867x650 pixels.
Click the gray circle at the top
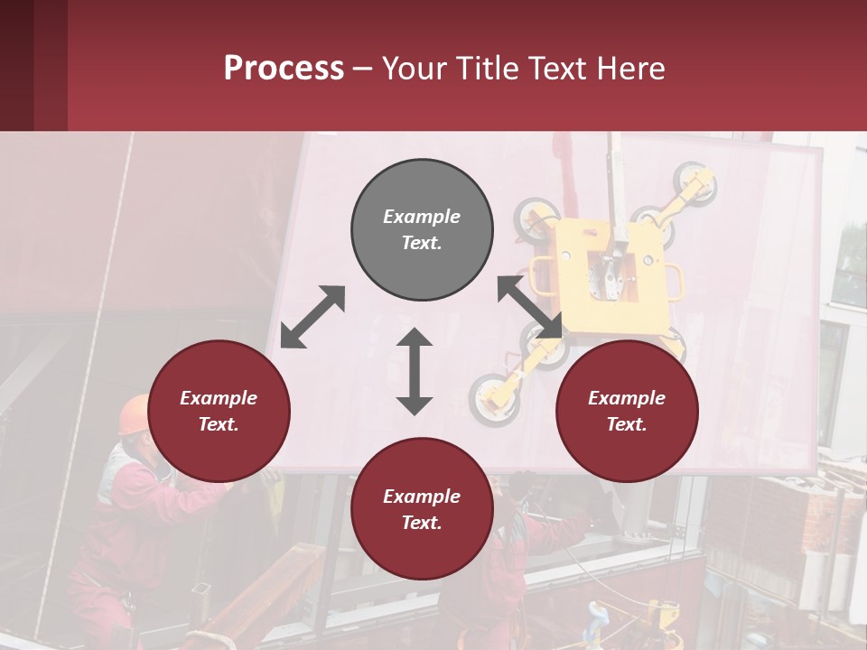click(422, 230)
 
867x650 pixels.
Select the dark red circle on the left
click(219, 412)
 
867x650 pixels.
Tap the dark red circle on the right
click(627, 412)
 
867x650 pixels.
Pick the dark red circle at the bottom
click(422, 509)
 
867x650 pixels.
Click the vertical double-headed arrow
click(415, 371)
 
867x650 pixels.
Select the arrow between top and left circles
click(312, 317)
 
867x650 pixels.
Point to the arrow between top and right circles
click(530, 307)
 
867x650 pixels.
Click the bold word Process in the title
click(284, 68)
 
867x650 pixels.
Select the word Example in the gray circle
click(422, 217)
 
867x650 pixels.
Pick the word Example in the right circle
click(627, 398)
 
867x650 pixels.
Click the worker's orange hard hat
click(134, 413)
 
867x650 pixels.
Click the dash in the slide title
click(362, 68)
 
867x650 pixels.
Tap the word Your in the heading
click(412, 68)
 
